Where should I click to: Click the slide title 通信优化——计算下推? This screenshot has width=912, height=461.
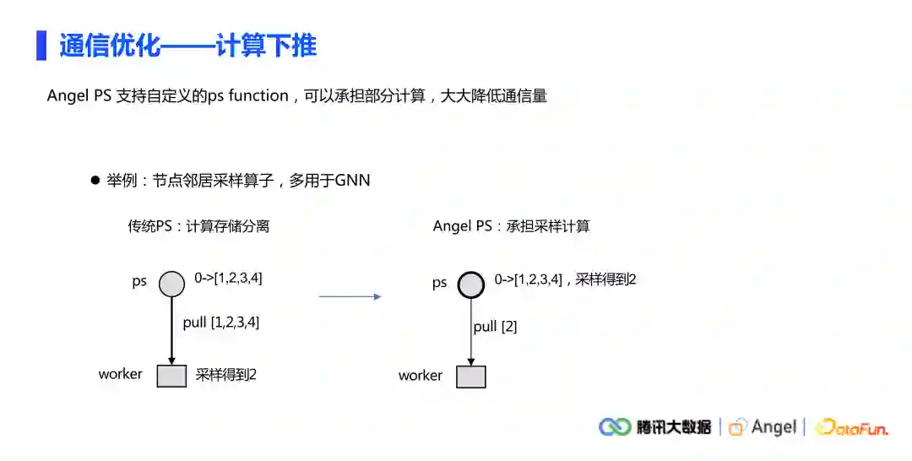[x=187, y=45]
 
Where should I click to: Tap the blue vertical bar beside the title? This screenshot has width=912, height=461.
[x=41, y=45]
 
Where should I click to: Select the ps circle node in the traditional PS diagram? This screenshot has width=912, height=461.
[x=171, y=284]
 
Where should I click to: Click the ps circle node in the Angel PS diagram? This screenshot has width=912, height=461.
[x=470, y=285]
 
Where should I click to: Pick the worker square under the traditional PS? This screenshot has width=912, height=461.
[x=171, y=375]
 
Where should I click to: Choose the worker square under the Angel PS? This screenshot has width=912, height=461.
[x=470, y=376]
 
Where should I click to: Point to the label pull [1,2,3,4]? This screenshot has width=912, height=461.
[x=221, y=322]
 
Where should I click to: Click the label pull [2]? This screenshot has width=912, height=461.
[x=495, y=326]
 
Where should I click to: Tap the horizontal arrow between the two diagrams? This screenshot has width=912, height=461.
[x=350, y=296]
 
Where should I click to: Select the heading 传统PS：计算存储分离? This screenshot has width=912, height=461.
[x=198, y=226]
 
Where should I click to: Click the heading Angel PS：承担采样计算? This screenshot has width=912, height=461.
[x=511, y=226]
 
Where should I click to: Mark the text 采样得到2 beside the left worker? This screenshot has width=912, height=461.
[x=225, y=375]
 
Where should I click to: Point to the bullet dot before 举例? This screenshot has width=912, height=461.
[x=95, y=181]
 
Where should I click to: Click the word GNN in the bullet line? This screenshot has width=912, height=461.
[x=352, y=181]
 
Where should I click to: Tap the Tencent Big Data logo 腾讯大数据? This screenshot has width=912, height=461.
[x=655, y=427]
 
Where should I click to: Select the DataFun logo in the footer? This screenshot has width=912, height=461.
[x=851, y=428]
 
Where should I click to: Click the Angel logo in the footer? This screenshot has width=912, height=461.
[x=763, y=427]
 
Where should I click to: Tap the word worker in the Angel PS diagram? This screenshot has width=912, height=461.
[x=420, y=376]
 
